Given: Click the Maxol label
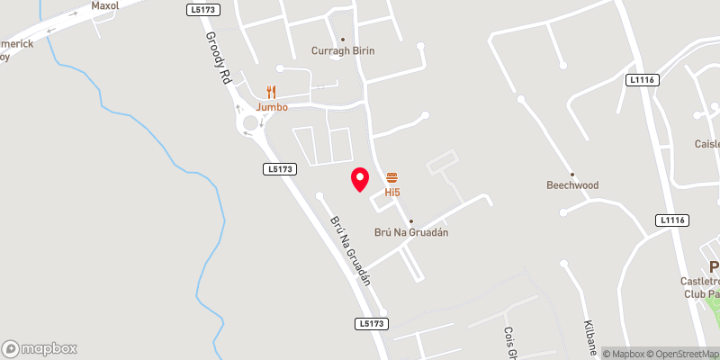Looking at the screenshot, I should coord(105,5).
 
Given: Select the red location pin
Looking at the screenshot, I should coord(360,179).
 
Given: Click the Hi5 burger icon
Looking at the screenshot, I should coord(391,177).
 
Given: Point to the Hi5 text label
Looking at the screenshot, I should coord(392,192).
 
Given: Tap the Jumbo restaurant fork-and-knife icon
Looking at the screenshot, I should coord(272,92).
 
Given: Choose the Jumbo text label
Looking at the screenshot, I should coord(272,107).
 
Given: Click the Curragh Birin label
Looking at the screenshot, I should coord(342,51).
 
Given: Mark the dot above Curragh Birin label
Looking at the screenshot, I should coord(342,39).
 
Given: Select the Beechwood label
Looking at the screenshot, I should coord(572,185).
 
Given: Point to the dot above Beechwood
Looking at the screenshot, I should coord(572,174).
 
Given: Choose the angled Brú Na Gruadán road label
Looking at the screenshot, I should coord(350,249).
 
